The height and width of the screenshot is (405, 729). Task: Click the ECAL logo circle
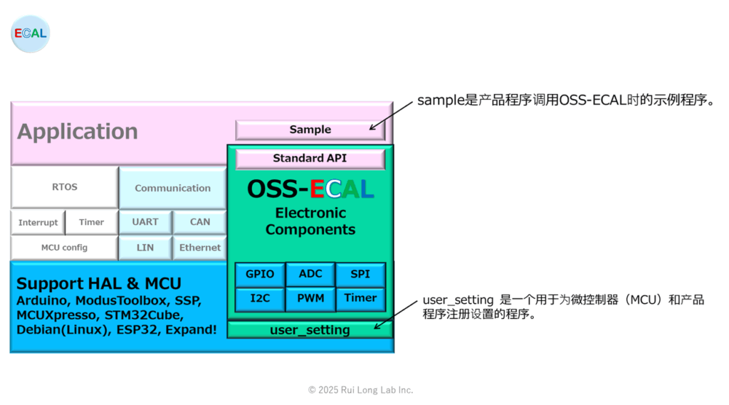click(30, 33)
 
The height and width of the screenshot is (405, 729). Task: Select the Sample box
click(310, 130)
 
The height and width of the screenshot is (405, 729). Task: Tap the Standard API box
click(310, 159)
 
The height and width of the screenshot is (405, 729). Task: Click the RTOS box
click(65, 187)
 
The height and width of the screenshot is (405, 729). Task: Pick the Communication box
click(172, 188)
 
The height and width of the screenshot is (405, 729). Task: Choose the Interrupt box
click(38, 222)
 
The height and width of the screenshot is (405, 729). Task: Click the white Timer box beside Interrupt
click(92, 222)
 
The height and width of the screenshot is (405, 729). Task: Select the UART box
click(145, 222)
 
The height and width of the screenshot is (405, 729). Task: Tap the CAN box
click(200, 222)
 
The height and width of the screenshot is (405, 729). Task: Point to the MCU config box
click(65, 248)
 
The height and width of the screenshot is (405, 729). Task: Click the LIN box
click(145, 248)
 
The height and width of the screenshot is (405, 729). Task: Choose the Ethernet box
click(200, 248)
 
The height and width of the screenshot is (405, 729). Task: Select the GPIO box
click(260, 274)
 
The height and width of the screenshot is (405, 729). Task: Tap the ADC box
click(310, 274)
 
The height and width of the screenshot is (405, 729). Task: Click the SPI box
click(360, 274)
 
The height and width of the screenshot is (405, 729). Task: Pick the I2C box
click(260, 298)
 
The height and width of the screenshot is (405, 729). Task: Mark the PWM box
click(310, 298)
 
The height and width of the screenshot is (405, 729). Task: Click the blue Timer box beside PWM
click(360, 298)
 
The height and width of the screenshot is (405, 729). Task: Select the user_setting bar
click(310, 330)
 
